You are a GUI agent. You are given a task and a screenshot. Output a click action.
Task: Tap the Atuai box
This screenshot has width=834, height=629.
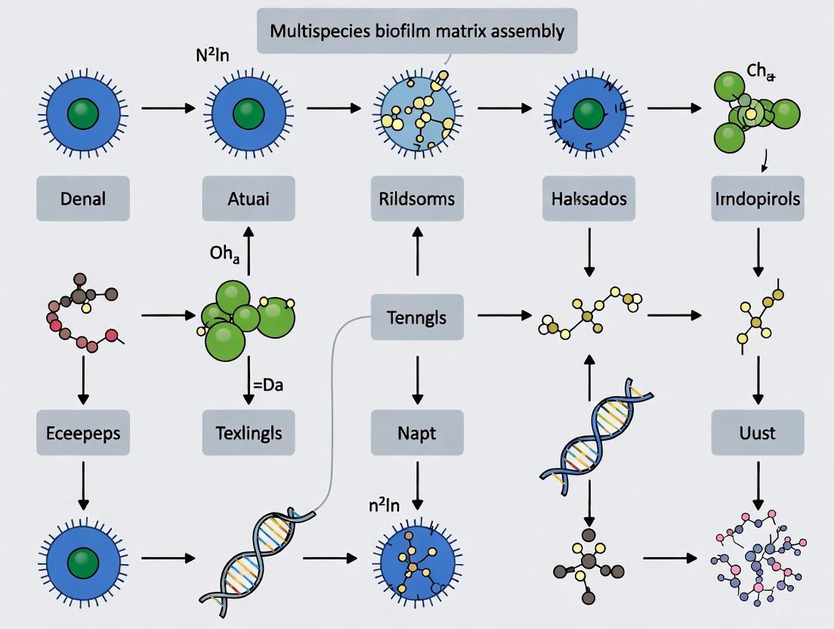tap(249, 199)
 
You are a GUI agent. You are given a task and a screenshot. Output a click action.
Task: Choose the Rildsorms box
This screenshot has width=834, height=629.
tap(417, 199)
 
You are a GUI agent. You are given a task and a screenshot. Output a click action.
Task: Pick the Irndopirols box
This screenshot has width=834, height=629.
tap(756, 199)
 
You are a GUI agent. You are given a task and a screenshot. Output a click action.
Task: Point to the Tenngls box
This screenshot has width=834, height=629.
tap(417, 317)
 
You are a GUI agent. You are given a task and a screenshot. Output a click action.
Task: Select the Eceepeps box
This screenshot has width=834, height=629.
tap(83, 433)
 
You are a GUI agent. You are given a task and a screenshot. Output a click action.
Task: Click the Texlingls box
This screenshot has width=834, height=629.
tap(249, 433)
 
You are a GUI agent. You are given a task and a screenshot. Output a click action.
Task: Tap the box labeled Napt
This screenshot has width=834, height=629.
tap(417, 433)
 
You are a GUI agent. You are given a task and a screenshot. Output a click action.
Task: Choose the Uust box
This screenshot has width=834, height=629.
tap(756, 433)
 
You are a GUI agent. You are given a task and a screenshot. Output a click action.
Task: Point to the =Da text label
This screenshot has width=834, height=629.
tap(267, 385)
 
